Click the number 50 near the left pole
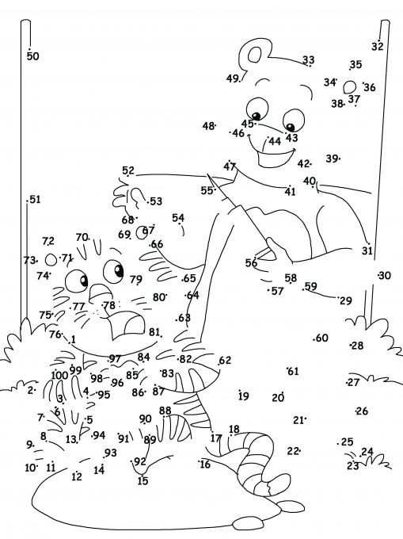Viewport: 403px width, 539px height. (x=33, y=56)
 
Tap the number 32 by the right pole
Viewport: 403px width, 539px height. (x=377, y=46)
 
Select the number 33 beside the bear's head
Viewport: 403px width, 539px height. (x=308, y=59)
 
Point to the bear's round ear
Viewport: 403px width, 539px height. (x=254, y=55)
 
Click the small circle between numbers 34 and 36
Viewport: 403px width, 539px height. (x=350, y=86)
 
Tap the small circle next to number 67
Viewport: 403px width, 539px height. (x=141, y=232)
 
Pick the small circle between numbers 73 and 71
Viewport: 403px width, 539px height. (x=51, y=260)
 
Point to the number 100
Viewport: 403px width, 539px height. (x=59, y=375)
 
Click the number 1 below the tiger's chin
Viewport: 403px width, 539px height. (x=73, y=340)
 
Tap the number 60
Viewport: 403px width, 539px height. (x=322, y=338)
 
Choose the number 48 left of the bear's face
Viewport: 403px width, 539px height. (x=208, y=126)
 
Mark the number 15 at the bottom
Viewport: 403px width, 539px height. (x=143, y=480)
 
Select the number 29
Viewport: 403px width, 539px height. (x=346, y=300)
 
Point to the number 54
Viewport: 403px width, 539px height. (x=178, y=218)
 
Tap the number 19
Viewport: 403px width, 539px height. (x=243, y=396)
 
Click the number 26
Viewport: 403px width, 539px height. (x=362, y=411)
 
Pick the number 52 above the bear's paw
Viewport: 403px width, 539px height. (x=128, y=170)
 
